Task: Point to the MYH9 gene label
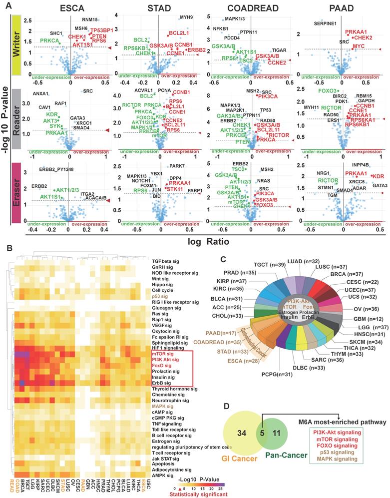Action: pyautogui.click(x=186, y=17)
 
